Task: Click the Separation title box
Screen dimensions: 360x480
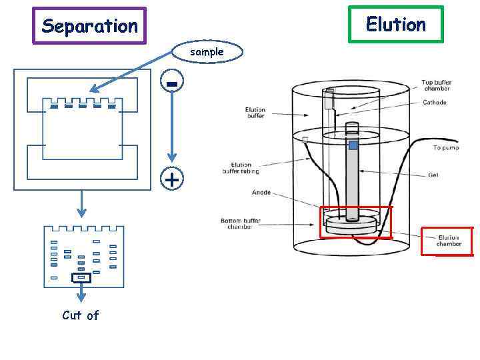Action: tap(89, 26)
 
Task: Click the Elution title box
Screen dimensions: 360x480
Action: tap(395, 25)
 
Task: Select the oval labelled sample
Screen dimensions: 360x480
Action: tap(207, 51)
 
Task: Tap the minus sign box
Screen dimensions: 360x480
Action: tap(172, 83)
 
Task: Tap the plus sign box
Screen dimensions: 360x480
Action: tap(171, 180)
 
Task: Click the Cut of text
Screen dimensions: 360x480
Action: tap(80, 315)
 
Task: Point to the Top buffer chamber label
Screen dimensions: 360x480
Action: tap(436, 85)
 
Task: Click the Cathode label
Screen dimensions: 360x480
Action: tap(434, 103)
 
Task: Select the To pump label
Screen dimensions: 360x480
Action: tap(446, 147)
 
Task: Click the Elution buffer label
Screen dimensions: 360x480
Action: tap(255, 113)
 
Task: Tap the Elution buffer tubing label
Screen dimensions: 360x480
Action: tap(241, 168)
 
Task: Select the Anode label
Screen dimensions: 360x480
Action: tap(261, 193)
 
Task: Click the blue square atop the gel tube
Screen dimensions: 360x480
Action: tap(353, 145)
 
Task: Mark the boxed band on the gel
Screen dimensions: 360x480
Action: tap(81, 277)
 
